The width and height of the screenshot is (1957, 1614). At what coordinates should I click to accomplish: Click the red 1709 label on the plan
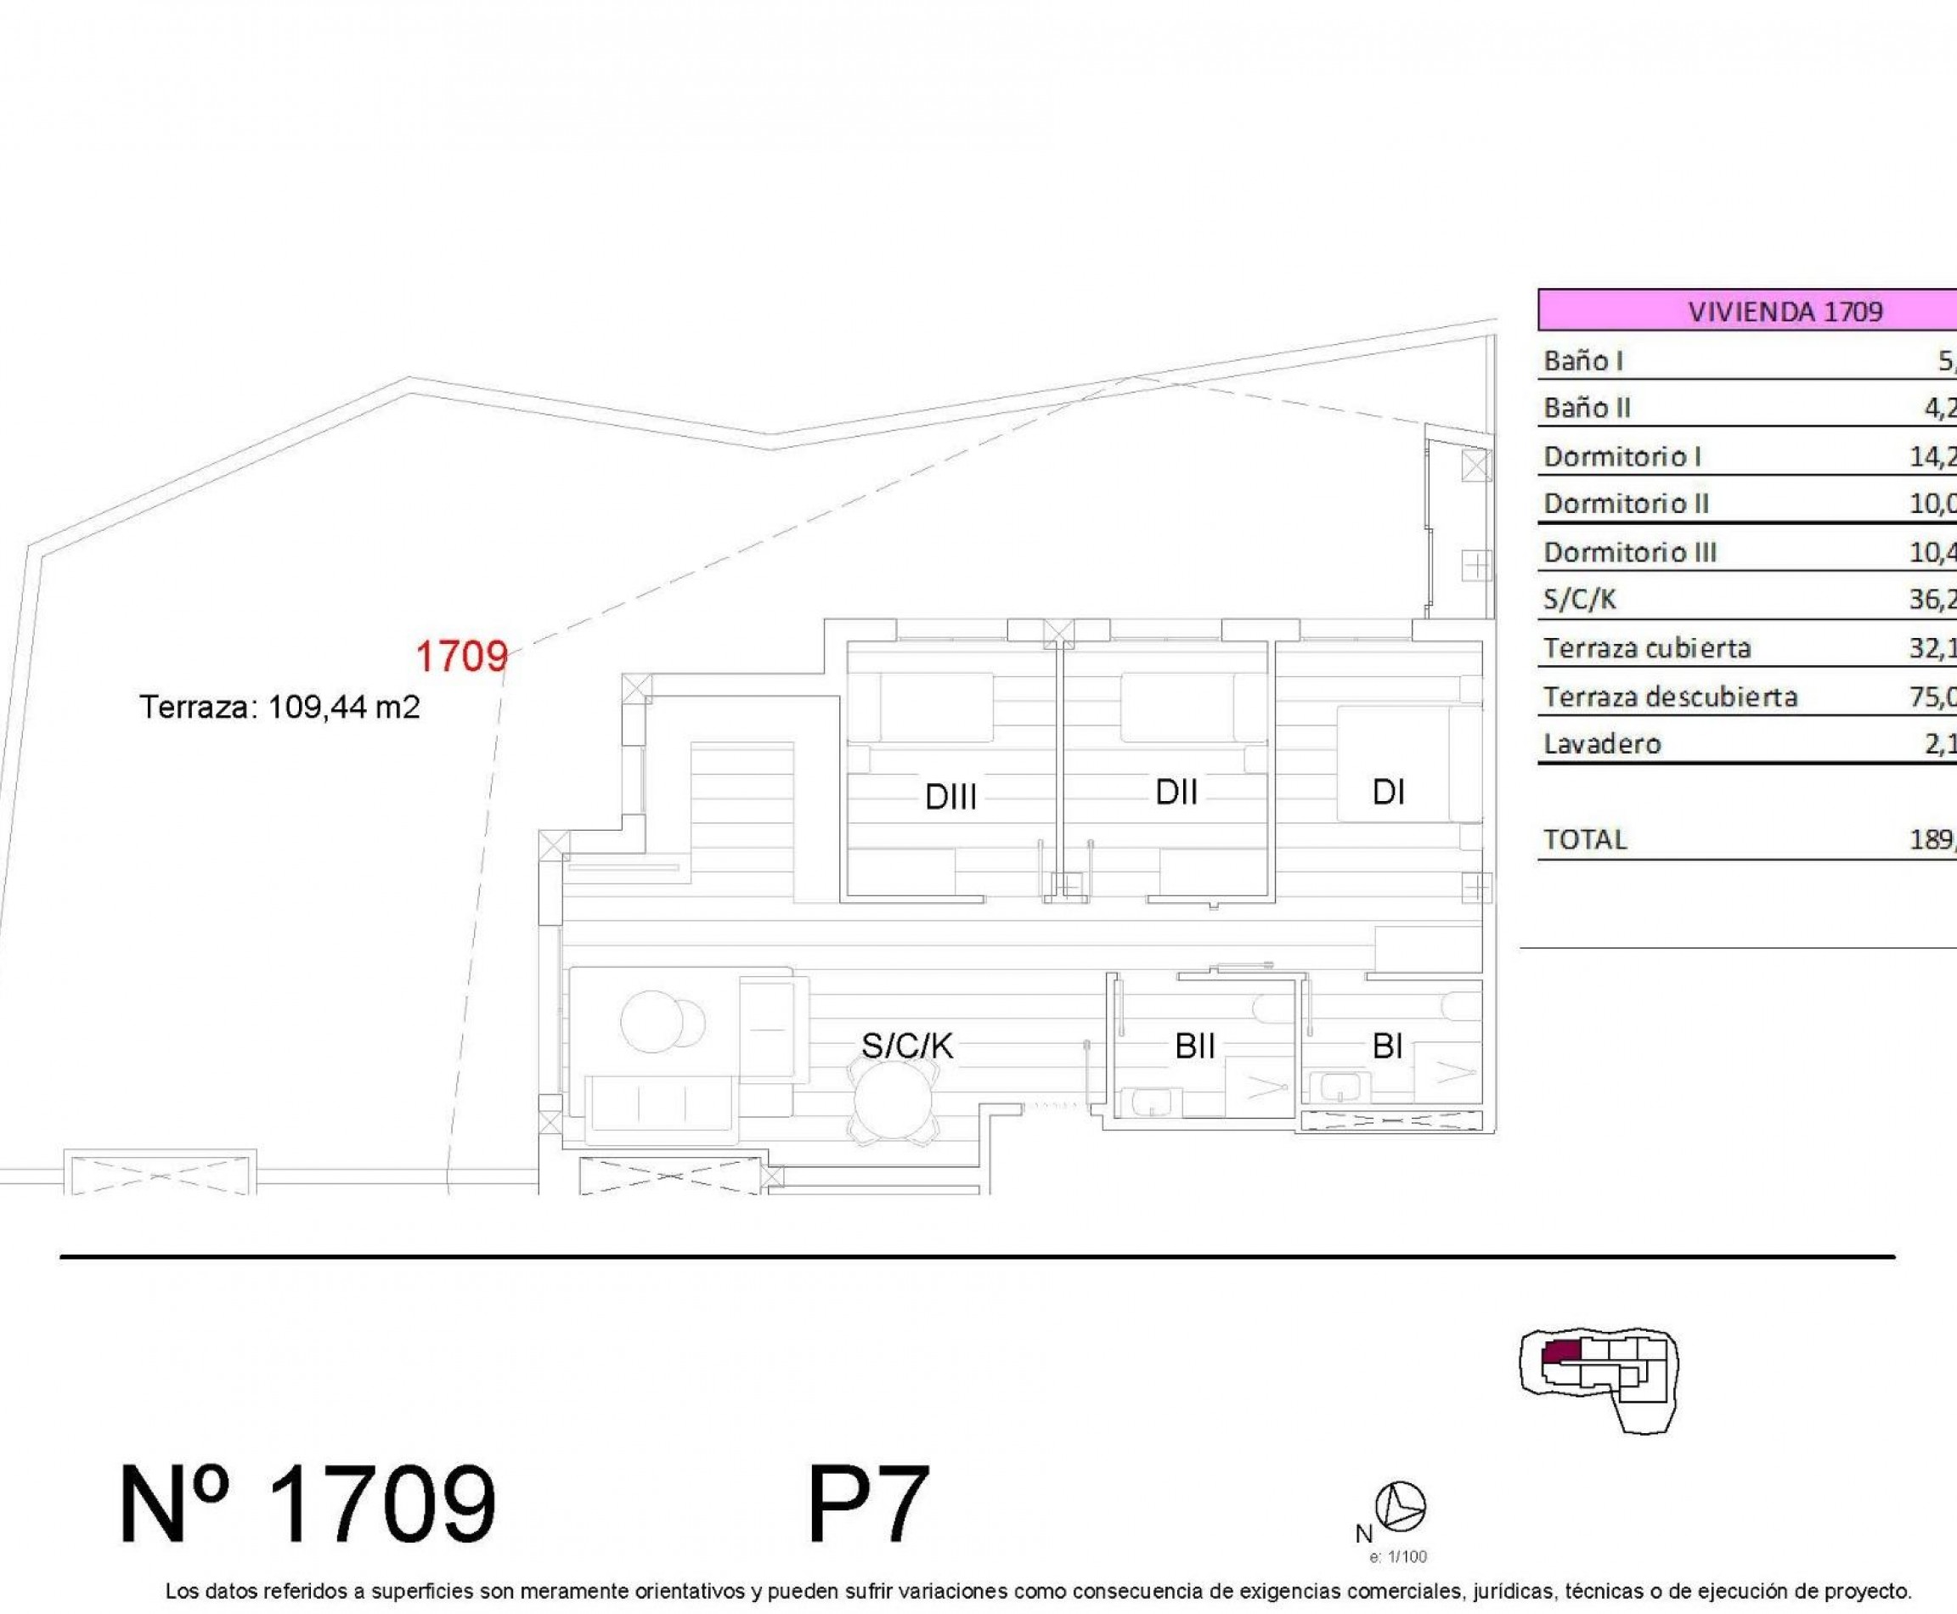coord(461,657)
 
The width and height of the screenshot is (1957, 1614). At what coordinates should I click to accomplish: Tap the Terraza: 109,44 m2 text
coord(279,708)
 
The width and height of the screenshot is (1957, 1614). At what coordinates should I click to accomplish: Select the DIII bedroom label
coord(950,797)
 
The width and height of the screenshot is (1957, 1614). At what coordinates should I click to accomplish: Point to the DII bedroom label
coord(1176,792)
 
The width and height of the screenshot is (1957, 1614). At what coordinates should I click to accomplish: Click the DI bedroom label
coord(1388,792)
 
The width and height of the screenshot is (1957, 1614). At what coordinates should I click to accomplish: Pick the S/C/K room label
coord(906,1047)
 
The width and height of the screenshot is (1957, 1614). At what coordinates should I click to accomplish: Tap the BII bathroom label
coord(1194,1047)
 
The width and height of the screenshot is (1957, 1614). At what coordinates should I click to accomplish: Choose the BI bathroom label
coord(1387,1047)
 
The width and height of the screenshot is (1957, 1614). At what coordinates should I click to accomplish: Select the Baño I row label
coord(1583,361)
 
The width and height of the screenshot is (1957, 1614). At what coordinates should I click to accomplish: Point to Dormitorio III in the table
coord(1630,552)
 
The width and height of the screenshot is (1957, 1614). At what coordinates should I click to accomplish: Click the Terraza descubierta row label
coord(1670,697)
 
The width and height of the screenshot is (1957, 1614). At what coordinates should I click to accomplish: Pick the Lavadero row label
coord(1602,744)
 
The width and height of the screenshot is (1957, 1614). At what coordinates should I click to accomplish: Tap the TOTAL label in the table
coord(1585,839)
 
